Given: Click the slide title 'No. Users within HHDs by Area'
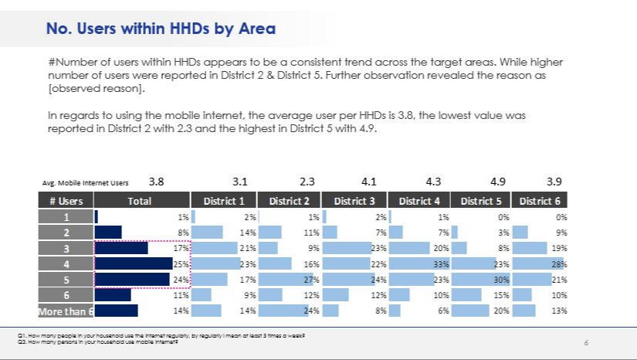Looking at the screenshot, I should point(161,29).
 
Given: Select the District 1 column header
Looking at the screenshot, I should point(224,201).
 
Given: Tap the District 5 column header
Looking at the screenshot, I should point(481,201).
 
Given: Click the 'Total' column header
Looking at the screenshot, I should point(139,201).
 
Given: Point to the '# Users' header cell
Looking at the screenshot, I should point(66,201).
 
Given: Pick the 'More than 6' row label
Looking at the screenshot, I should point(66,311).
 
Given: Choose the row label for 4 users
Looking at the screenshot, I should point(66,263).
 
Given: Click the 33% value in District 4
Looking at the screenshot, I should point(441,263).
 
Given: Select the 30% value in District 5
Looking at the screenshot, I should point(501,280).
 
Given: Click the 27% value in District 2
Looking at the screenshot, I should point(312,280).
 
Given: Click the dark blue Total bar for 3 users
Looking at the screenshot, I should point(121,248).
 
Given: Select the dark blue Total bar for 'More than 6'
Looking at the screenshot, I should point(116,311).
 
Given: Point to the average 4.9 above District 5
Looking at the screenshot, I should point(498,182).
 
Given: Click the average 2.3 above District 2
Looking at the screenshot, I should point(307,182).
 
